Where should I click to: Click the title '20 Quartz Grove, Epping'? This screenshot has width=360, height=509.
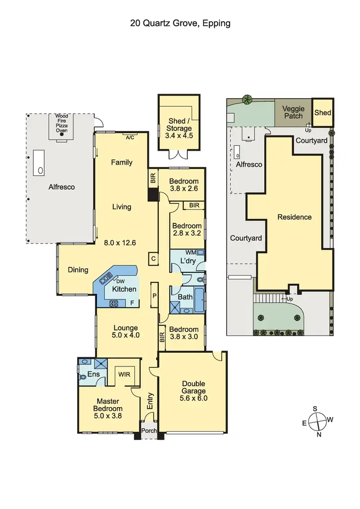[180, 23]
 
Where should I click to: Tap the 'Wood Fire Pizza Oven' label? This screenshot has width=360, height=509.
[61, 123]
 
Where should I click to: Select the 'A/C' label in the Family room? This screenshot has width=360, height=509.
[130, 138]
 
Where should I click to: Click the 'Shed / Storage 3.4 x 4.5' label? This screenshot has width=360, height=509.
[180, 128]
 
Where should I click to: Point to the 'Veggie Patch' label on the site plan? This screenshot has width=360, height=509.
[293, 112]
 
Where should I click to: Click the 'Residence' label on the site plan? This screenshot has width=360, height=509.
[294, 217]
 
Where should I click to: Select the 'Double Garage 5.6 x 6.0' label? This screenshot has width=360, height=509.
[193, 391]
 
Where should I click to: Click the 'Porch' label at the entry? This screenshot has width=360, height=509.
[149, 431]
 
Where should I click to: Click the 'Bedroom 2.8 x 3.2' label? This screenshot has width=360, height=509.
[187, 230]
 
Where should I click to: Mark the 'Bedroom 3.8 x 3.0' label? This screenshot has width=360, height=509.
[185, 333]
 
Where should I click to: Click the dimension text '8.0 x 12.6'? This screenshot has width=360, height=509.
[120, 243]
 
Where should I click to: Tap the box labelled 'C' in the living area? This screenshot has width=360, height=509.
[154, 258]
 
